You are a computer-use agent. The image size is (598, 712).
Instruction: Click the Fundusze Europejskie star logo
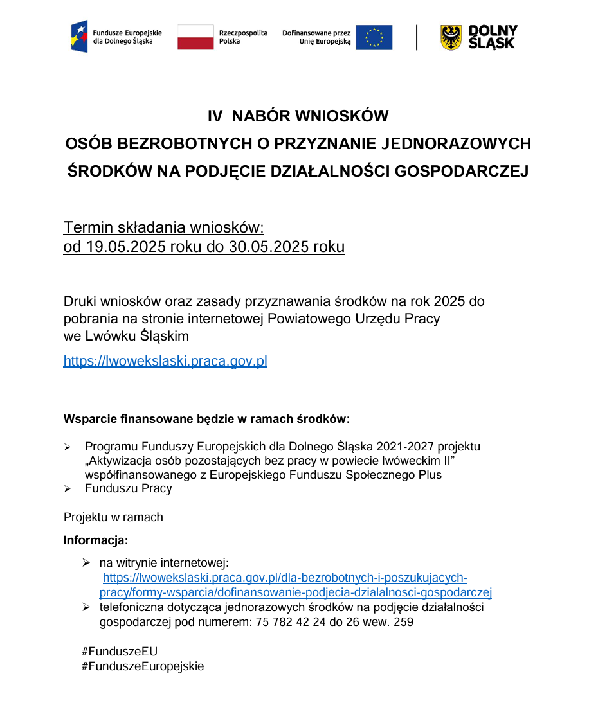[80, 37]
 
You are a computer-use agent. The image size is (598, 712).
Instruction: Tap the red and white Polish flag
[195, 37]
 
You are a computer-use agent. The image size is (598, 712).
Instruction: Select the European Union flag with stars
[374, 37]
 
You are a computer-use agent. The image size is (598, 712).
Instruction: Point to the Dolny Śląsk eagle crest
[451, 38]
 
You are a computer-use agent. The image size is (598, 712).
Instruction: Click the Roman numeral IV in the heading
[215, 116]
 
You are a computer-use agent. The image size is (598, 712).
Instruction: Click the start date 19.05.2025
[116, 247]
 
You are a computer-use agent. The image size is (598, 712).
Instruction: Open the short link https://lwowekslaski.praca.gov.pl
[165, 361]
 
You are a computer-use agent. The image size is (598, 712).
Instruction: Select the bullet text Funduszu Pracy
[129, 488]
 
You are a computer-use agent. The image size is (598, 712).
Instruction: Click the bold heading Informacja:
[96, 540]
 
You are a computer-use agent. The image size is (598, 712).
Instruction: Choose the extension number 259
[403, 622]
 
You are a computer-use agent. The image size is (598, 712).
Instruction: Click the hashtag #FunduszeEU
[120, 652]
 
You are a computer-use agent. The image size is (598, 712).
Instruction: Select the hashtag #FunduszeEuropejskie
[143, 666]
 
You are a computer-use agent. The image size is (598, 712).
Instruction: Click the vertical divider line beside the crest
[417, 37]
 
